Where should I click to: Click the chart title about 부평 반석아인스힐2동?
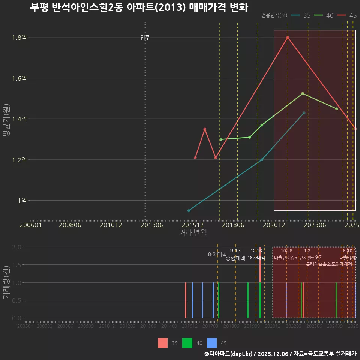[x=139, y=7]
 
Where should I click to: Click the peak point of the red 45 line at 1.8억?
[x=288, y=37]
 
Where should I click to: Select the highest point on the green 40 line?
[x=303, y=93]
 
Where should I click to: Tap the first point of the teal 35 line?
[x=188, y=211]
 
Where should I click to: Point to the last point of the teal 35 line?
[x=304, y=113]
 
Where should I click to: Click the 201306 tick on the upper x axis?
[x=151, y=225]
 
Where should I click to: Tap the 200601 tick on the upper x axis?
[x=30, y=225]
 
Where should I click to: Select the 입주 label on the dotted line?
[x=145, y=37]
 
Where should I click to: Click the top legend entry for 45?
[x=347, y=15]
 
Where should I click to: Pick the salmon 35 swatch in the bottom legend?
[x=163, y=343]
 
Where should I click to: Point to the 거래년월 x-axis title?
[x=193, y=232]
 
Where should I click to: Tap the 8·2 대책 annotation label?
[x=217, y=254]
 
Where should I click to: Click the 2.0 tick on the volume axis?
[x=17, y=247]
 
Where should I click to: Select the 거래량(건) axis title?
[x=6, y=283]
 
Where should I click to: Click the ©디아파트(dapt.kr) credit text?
[x=228, y=354]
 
